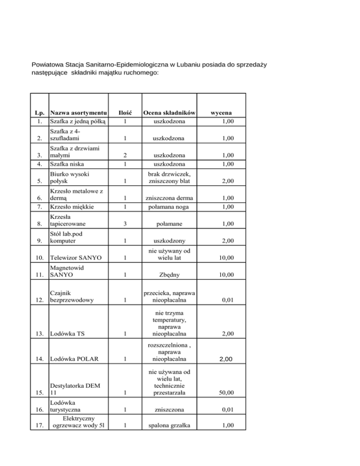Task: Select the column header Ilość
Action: pos(124,113)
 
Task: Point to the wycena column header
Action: pos(223,113)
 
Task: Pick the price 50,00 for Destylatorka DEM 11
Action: pos(226,392)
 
